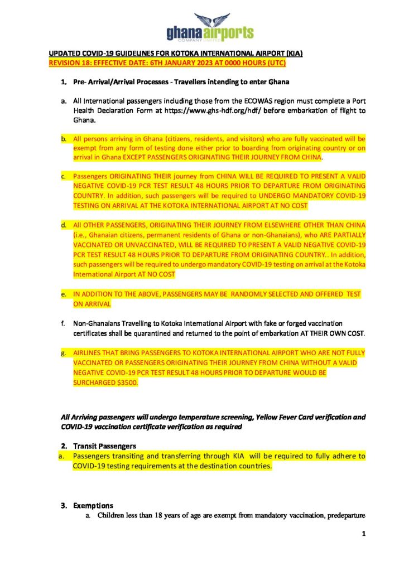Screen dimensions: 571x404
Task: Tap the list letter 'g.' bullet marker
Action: (x=64, y=353)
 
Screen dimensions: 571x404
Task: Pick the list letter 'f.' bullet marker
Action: (x=64, y=323)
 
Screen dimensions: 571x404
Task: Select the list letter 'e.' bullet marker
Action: (x=64, y=294)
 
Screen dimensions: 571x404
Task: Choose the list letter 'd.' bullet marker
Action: (x=64, y=225)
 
